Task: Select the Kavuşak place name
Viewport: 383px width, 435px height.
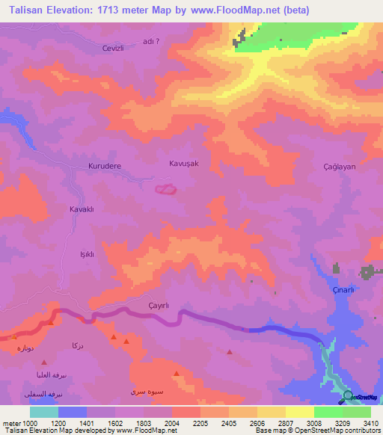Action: click(x=184, y=162)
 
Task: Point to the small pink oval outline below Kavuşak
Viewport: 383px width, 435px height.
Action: click(x=165, y=191)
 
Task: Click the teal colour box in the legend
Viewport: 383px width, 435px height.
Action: click(x=44, y=412)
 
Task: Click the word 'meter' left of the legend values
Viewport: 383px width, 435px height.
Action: click(x=10, y=424)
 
